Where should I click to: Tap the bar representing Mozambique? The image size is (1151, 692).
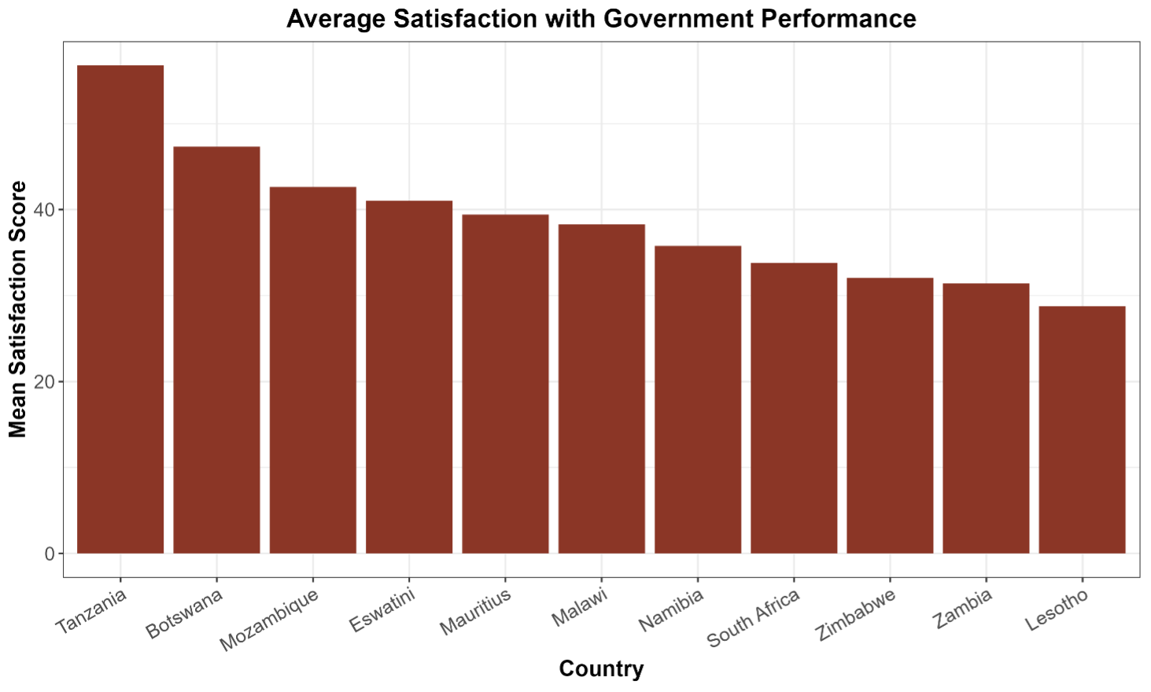313,370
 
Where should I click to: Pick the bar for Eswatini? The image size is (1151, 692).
409,377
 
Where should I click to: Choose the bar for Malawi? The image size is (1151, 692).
602,388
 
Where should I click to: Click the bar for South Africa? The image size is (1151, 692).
794,408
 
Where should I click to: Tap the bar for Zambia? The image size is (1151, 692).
986,418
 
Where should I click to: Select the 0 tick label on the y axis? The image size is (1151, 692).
50,554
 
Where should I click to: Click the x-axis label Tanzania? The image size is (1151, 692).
92,611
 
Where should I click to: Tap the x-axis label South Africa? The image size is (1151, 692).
754,618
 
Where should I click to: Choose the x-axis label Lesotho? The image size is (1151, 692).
1057,610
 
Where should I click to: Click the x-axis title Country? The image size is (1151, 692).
601,668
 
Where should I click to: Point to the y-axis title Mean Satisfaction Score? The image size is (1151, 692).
18,309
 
